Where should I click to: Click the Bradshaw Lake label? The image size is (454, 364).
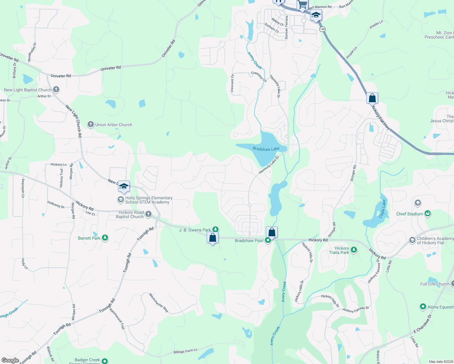266,149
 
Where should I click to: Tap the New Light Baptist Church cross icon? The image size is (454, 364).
56,89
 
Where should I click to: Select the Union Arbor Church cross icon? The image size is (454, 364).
90,124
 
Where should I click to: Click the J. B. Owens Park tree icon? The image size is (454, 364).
215,229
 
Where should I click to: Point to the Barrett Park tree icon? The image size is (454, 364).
105,238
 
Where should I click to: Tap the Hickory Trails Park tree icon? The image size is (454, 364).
354,250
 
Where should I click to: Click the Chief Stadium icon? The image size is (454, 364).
428,214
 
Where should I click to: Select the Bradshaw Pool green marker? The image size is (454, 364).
268,241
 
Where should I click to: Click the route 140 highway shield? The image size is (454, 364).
322,29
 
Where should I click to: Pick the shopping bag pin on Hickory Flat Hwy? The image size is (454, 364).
372,98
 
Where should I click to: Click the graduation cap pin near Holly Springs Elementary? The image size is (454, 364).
124,187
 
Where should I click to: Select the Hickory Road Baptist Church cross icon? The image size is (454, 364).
148,214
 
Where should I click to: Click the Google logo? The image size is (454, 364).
10,360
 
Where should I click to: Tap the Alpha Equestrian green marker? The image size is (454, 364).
423,307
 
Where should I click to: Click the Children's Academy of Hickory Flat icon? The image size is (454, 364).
412,240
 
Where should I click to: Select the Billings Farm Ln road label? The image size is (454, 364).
185,351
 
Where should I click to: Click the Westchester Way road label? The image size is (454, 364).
159,302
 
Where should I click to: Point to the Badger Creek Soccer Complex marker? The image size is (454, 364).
105,361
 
